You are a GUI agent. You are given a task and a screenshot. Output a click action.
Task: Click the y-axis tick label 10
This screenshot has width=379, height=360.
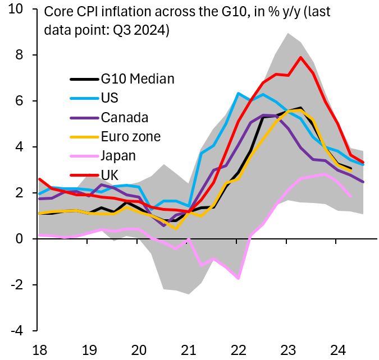click(x=16, y=10)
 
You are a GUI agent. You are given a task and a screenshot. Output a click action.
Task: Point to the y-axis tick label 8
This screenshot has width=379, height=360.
click(x=20, y=56)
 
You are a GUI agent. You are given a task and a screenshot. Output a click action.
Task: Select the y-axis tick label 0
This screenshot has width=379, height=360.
click(x=20, y=239)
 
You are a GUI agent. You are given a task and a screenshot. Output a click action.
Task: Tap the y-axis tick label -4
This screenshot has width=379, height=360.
click(x=17, y=331)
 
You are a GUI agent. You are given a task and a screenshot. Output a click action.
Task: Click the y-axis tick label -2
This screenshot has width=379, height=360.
click(x=17, y=285)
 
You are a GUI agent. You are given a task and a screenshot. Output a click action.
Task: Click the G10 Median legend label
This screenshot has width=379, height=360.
click(x=138, y=79)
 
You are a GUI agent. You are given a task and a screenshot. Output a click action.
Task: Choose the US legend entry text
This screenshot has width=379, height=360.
click(x=111, y=98)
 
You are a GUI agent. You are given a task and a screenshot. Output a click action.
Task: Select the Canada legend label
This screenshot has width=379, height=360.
click(x=125, y=117)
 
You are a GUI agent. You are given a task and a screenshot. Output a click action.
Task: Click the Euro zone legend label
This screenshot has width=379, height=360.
click(x=130, y=136)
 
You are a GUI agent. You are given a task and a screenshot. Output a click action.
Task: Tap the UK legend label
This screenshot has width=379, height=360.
click(x=110, y=174)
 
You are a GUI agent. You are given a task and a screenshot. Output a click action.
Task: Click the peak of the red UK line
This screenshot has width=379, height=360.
click(x=302, y=57)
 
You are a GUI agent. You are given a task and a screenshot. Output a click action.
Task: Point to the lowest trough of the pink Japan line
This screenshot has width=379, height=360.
click(x=239, y=278)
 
